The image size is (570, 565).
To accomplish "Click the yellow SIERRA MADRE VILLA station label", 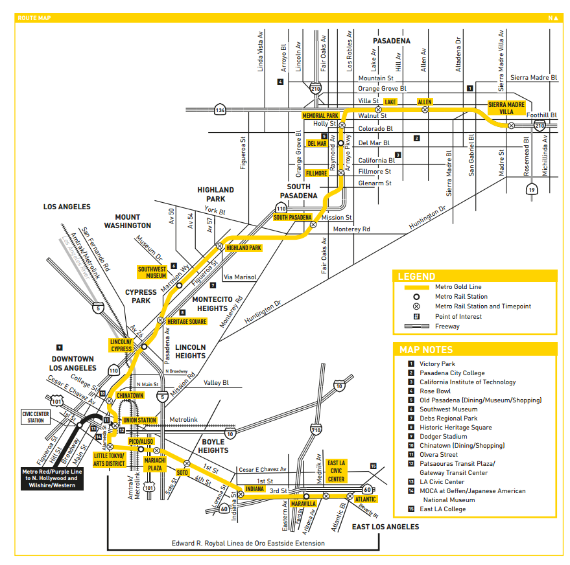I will tap(506, 107).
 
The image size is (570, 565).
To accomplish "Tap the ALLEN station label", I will tap(425, 102).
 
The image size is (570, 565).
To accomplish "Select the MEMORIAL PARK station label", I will tap(320, 115).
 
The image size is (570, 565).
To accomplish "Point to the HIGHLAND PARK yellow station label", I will tap(244, 248).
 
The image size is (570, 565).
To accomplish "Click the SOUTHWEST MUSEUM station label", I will tap(152, 272).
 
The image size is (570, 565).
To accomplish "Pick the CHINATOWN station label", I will tap(130, 395).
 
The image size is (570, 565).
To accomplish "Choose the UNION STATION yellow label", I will tap(139, 420).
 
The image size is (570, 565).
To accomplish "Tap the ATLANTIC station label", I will tap(365, 499).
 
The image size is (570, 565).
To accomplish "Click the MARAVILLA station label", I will tap(303, 503).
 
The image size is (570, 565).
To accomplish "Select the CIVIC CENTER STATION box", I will tap(36, 416).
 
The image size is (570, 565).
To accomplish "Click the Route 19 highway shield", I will tap(532, 189).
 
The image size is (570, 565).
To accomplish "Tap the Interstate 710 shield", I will tap(316, 429).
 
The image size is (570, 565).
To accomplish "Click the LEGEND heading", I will tap(417, 276).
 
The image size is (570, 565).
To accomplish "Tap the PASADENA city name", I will tap(391, 41).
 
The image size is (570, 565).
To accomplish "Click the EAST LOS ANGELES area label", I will tap(385, 527).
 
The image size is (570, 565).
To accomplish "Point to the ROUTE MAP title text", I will tap(34, 18).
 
